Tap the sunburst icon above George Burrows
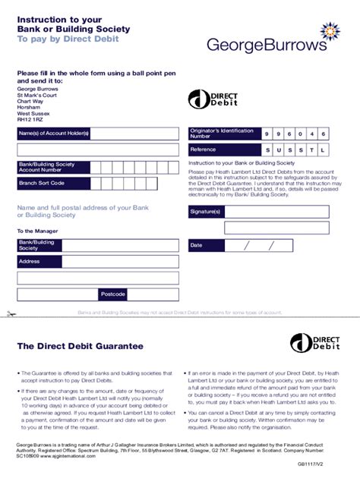coord(331,30)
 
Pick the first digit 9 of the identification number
coord(266,134)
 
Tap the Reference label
coord(198,150)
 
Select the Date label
coord(197,245)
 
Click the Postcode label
coord(113,294)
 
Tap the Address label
coord(30,261)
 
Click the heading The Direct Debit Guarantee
coord(80,346)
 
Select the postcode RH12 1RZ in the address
coord(31,118)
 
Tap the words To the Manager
coord(36,231)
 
